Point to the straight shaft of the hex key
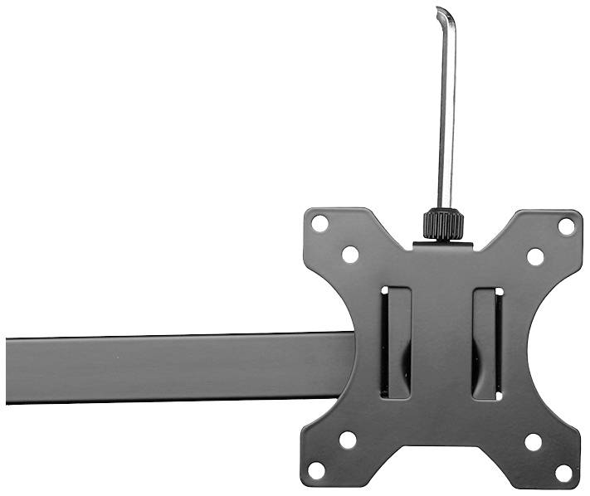[446, 116]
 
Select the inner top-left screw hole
[349, 255]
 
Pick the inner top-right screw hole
[535, 256]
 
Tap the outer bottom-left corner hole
[316, 470]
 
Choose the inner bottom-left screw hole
[348, 440]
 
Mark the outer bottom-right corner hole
[563, 474]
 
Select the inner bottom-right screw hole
[534, 441]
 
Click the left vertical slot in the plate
[396, 343]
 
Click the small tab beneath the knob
[443, 246]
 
